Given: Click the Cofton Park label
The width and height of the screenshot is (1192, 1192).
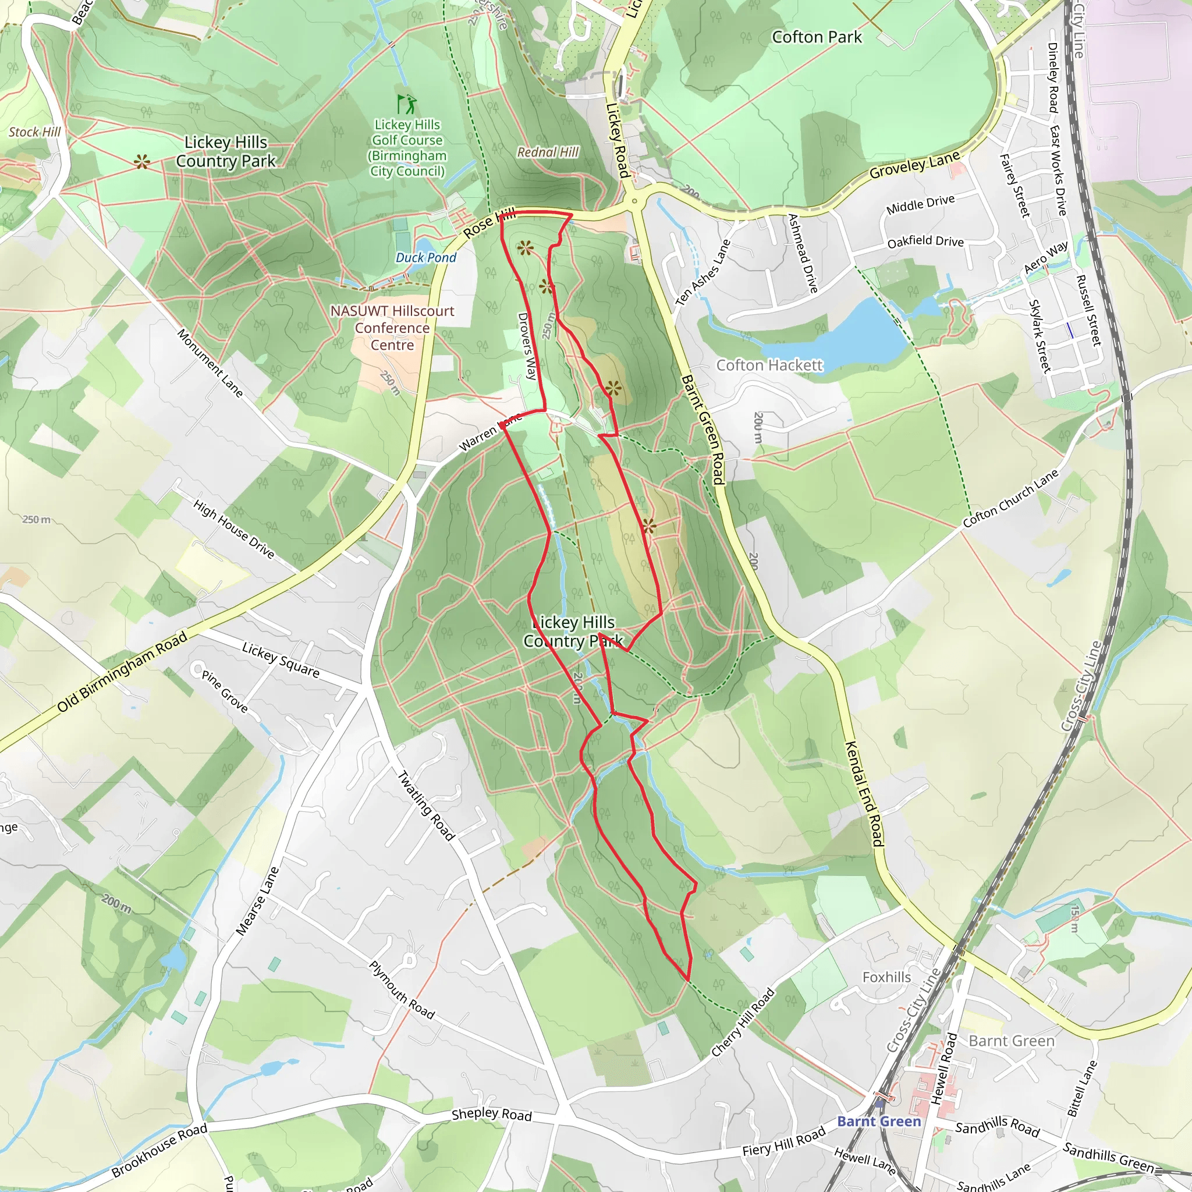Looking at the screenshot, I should tap(816, 37).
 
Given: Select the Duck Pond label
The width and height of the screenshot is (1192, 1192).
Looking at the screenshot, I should tap(425, 257).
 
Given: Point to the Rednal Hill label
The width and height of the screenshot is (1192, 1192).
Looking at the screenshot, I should tap(548, 152).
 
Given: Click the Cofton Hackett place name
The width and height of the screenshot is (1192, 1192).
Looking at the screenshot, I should tap(769, 366).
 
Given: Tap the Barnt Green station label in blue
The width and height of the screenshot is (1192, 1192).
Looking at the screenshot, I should tap(878, 1121).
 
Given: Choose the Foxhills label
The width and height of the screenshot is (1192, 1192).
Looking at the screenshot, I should tap(886, 977).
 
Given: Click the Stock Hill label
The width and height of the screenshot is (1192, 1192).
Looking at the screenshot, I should tap(34, 132).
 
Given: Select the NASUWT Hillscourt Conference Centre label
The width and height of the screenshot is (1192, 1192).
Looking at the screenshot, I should tap(392, 328).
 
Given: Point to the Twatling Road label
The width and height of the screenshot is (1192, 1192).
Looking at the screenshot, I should tap(425, 805).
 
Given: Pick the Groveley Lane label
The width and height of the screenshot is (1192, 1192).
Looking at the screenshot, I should tap(914, 164).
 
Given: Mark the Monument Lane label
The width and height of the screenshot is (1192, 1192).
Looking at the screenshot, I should tap(210, 363).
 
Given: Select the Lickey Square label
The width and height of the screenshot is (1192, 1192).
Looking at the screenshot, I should tap(280, 659).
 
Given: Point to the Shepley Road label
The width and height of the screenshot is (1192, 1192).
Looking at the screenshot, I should tap(491, 1113).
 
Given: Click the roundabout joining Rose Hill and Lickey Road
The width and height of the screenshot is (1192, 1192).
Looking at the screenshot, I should tap(634, 201).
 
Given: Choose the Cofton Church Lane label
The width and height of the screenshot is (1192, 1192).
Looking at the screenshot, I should tap(1010, 499).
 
